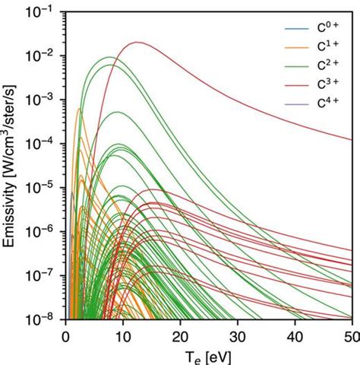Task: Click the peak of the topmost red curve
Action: (137, 43)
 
